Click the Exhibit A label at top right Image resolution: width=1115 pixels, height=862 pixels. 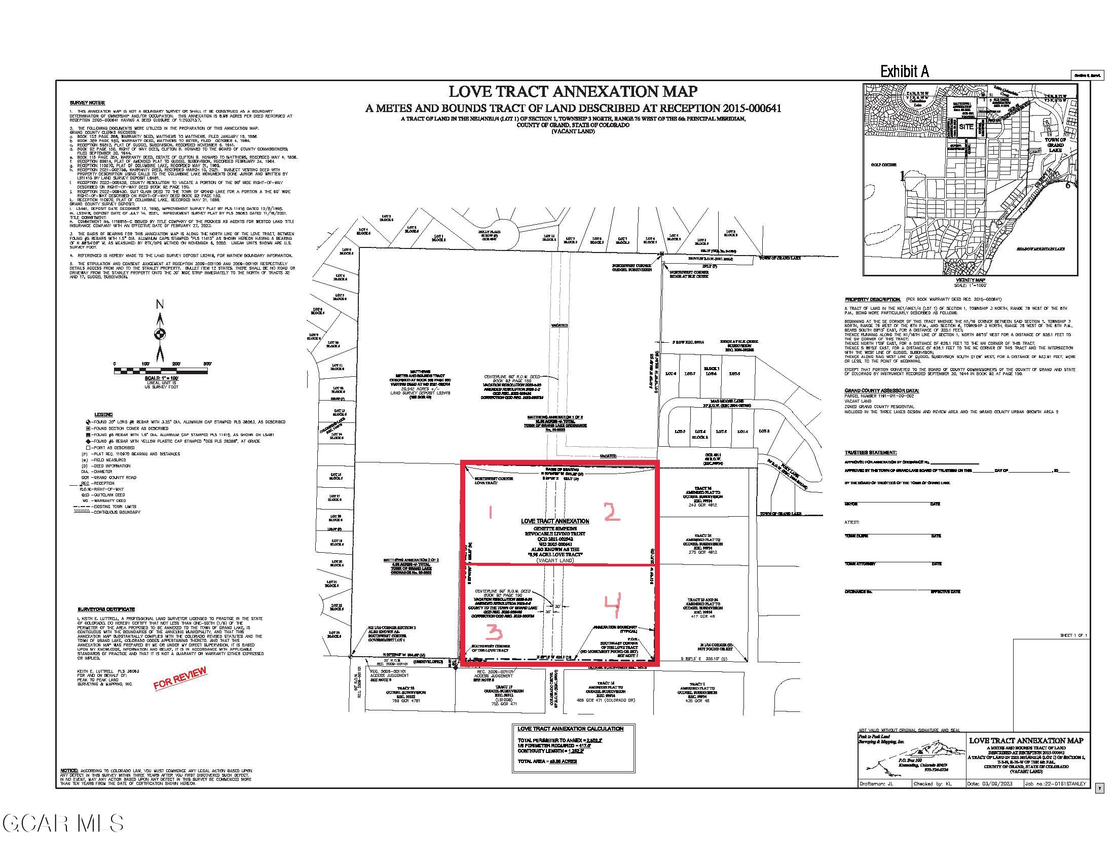coord(904,72)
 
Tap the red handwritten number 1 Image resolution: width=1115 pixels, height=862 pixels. coord(491,513)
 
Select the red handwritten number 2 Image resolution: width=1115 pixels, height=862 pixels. coord(612,512)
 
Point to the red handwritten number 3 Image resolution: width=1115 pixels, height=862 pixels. coord(495,634)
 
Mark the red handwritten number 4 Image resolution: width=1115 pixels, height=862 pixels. coord(612,605)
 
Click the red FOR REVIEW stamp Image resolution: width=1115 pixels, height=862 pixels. coord(180,678)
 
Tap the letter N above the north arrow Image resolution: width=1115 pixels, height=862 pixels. coord(160,305)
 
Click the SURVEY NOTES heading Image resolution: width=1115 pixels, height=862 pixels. coord(81,103)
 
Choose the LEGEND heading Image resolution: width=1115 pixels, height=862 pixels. coord(103,414)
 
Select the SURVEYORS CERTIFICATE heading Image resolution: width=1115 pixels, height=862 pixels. coord(106,609)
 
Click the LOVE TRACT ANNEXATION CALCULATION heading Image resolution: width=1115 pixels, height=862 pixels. coord(570,729)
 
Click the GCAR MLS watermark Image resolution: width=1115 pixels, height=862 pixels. coord(62,823)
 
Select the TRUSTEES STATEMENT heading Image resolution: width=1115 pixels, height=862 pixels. coord(870,452)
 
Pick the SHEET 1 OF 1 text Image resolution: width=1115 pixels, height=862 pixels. coord(1073,635)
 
